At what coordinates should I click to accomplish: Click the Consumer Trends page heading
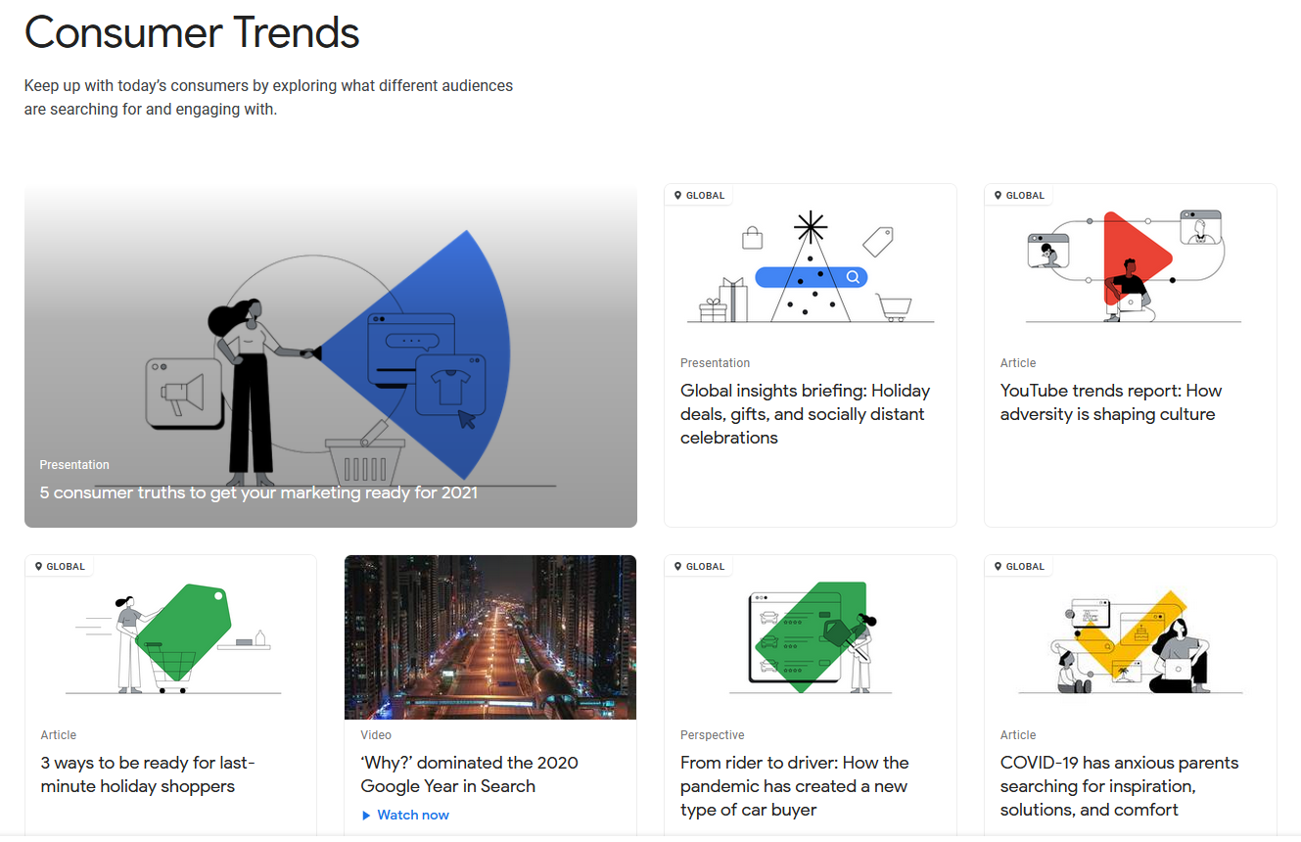[192, 32]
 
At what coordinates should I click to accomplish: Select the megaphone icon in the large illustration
[183, 394]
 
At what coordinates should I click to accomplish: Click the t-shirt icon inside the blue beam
[450, 386]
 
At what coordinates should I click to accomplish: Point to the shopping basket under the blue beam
[365, 462]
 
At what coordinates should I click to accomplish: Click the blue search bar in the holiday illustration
[811, 277]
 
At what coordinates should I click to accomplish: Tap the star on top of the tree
[811, 227]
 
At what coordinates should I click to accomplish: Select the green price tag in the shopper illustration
[183, 631]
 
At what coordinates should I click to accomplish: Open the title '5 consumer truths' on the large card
[258, 492]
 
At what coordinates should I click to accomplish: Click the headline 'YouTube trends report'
[1110, 401]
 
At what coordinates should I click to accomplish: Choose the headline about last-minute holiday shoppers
[148, 774]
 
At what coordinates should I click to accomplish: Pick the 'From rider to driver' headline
[795, 785]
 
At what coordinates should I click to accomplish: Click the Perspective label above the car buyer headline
[712, 734]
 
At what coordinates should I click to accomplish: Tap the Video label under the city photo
[376, 734]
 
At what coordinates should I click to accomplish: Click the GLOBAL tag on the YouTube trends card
[1019, 195]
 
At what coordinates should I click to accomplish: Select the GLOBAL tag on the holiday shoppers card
[60, 566]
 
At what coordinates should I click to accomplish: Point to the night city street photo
[490, 637]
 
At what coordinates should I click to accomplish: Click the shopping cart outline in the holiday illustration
[894, 307]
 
